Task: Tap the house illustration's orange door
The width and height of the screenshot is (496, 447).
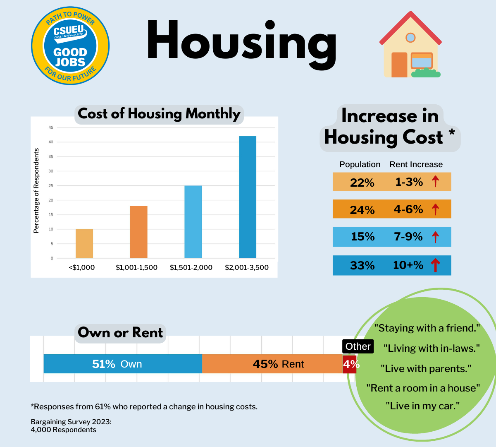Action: click(x=399, y=65)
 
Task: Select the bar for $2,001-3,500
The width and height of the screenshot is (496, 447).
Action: click(x=248, y=197)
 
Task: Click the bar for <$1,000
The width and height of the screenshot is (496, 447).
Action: click(x=84, y=243)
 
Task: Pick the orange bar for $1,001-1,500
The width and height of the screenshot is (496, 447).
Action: click(x=138, y=232)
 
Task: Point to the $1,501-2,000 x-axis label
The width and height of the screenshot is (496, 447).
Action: click(x=191, y=267)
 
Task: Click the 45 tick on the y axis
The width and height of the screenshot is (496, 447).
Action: click(x=51, y=127)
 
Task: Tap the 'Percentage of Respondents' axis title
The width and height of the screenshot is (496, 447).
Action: click(x=36, y=191)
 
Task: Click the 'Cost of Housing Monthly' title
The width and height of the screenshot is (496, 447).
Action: click(x=159, y=114)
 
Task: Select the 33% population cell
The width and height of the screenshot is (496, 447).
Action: click(x=362, y=265)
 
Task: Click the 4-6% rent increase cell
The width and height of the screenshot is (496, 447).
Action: click(x=408, y=209)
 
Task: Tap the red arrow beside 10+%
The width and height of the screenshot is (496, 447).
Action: click(x=435, y=265)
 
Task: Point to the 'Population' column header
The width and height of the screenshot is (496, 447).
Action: click(x=360, y=164)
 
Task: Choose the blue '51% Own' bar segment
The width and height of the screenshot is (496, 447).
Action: click(x=123, y=364)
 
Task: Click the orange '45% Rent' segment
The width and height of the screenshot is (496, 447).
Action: click(x=272, y=364)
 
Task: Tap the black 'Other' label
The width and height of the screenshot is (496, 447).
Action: click(x=358, y=346)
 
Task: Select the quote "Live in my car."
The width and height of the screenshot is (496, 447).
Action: click(x=422, y=406)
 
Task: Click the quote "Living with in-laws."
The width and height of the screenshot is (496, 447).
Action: click(x=431, y=348)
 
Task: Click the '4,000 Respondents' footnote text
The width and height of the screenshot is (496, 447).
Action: click(x=63, y=430)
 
